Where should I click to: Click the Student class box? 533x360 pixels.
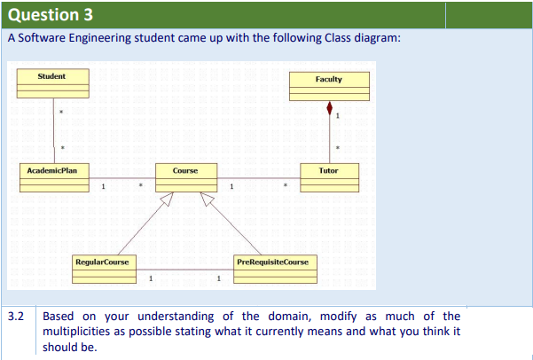click(x=53, y=83)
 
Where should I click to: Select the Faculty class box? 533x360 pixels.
click(x=329, y=86)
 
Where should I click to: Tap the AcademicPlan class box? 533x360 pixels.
click(x=54, y=178)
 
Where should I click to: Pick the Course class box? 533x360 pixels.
click(x=186, y=178)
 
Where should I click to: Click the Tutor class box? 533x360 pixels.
click(x=329, y=178)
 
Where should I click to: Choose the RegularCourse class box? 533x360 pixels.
click(x=105, y=270)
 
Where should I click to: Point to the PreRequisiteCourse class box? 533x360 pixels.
click(x=275, y=270)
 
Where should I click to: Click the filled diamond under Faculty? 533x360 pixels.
click(x=329, y=108)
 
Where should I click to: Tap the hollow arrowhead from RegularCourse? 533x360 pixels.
click(x=168, y=199)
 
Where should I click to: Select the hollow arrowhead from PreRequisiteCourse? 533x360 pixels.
click(x=207, y=199)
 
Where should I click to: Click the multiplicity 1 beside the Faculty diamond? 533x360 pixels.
click(x=338, y=116)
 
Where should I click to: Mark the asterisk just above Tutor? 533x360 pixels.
click(x=338, y=148)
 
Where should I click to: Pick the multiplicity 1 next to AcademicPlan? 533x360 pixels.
click(x=104, y=186)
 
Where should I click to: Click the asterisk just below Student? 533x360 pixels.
click(x=61, y=112)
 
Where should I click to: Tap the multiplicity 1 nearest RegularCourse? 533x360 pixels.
click(x=151, y=278)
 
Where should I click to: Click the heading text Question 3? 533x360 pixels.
click(x=51, y=14)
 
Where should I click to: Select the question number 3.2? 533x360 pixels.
click(x=16, y=317)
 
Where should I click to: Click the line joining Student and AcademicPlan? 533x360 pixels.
click(x=54, y=131)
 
